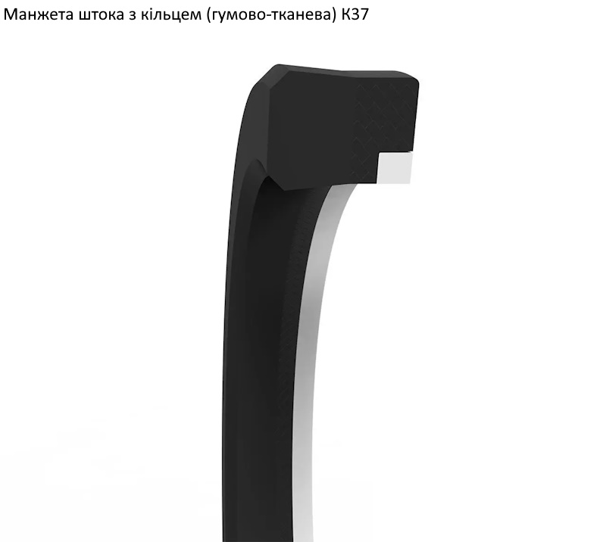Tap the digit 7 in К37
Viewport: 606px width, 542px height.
365,14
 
